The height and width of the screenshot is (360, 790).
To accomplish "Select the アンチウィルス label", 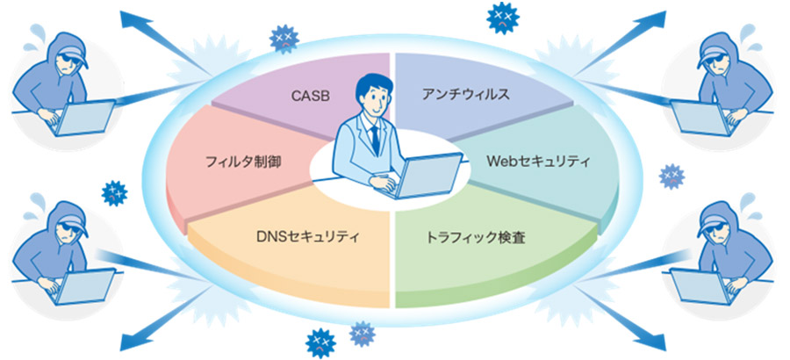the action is click(x=465, y=94).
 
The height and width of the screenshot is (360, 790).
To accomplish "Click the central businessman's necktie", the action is click(x=374, y=139).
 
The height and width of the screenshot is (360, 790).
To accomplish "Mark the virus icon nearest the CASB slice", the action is click(x=284, y=39).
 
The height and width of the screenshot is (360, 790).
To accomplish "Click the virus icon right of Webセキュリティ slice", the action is click(x=672, y=176).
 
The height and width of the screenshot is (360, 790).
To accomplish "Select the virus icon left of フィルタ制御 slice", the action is click(x=114, y=192).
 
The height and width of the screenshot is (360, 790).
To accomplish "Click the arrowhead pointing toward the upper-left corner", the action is click(x=134, y=21).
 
